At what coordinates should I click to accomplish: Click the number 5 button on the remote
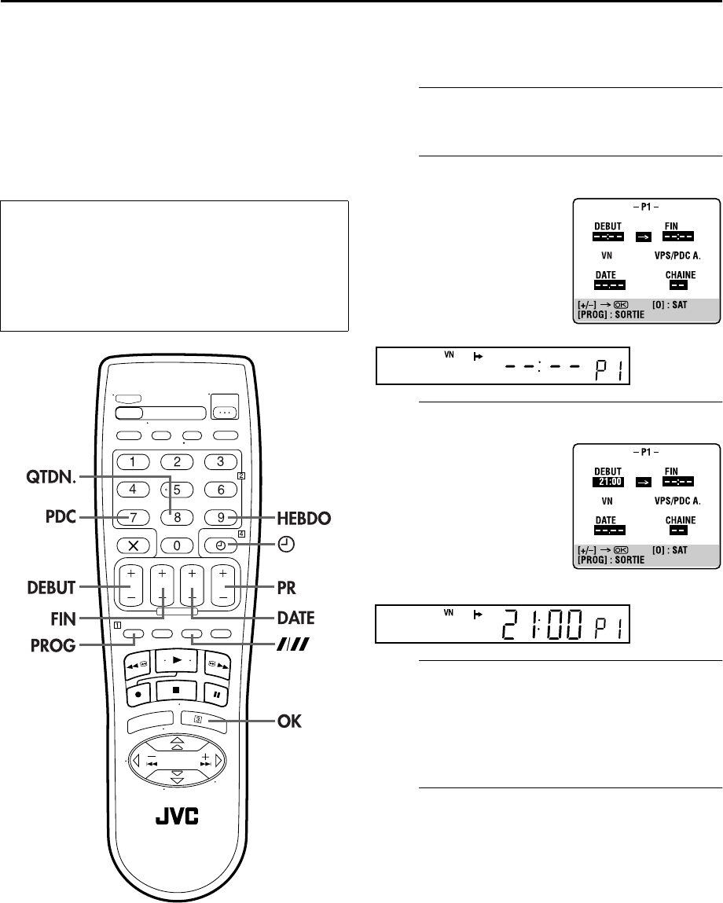click(177, 490)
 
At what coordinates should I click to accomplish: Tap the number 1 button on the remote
click(134, 461)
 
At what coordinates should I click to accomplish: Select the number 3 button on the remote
click(221, 461)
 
